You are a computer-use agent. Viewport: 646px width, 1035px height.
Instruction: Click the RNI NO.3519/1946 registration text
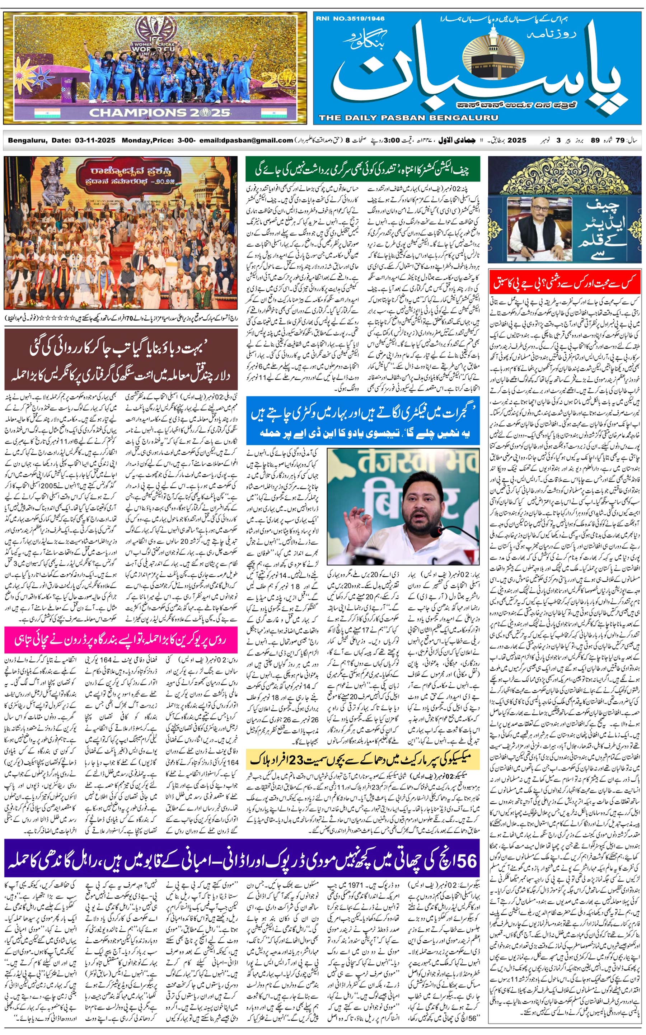350,19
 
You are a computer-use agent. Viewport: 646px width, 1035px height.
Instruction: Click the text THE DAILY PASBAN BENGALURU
408,118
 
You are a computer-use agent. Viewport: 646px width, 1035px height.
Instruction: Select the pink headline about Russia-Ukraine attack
121,639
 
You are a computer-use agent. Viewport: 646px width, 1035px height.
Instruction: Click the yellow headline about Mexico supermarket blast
362,759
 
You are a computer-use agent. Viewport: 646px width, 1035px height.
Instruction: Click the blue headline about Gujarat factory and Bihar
362,420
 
